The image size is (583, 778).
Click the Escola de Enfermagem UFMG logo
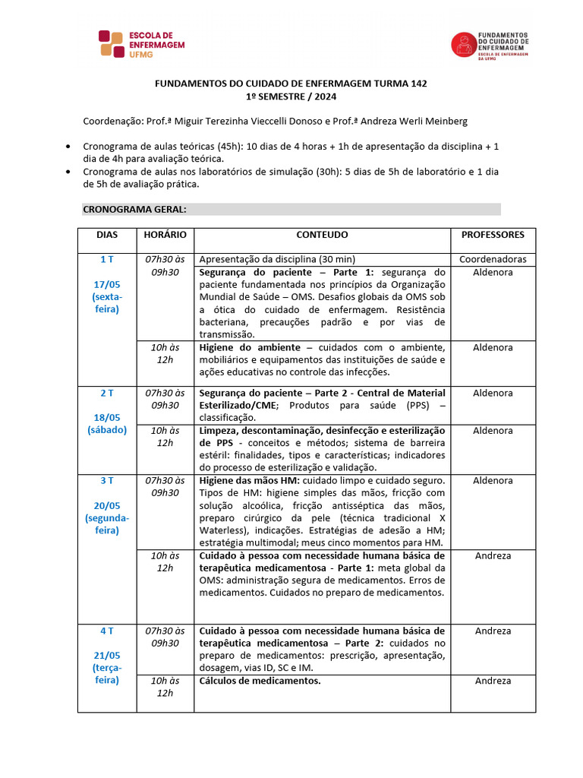141,44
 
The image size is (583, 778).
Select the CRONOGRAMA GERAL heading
134,209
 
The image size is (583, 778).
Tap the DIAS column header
107,236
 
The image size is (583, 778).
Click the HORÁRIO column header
165,236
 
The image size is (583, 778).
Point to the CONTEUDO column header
322,236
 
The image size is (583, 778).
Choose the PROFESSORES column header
493,236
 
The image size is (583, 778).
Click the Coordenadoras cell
493,259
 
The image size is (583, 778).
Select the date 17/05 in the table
107,284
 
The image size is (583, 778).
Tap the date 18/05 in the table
107,418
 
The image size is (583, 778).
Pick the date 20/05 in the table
107,505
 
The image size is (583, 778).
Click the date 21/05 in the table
107,656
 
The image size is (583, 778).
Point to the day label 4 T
107,631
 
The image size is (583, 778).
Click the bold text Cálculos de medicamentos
260,681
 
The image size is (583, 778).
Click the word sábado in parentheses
107,430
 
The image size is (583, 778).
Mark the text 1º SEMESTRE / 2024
291,97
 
